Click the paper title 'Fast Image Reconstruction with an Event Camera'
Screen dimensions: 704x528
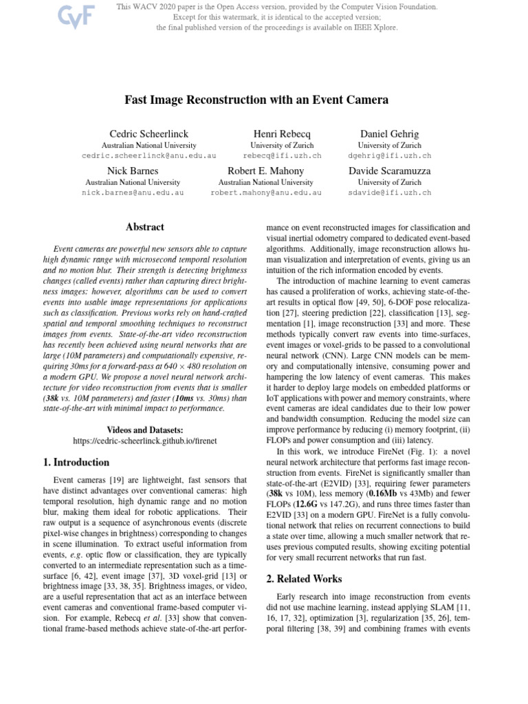(x=256, y=100)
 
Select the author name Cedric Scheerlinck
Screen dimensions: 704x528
(x=148, y=133)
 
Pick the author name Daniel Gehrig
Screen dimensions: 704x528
(x=389, y=133)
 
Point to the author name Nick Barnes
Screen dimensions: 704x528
(x=133, y=170)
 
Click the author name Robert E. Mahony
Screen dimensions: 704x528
(x=265, y=170)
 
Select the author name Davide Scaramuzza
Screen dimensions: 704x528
(x=389, y=170)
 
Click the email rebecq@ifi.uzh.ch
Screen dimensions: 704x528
(x=282, y=156)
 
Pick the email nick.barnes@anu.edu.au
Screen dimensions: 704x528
(x=133, y=193)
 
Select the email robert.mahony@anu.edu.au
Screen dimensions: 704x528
(x=265, y=193)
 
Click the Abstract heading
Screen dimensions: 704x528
(x=144, y=226)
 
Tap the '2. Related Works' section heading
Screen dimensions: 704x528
(x=303, y=579)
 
